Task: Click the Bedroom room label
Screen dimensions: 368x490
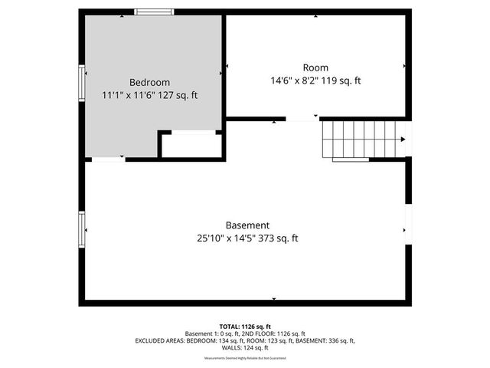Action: coord(149,82)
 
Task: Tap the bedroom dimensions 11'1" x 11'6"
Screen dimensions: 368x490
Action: coord(129,96)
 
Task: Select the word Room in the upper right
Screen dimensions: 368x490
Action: coord(315,67)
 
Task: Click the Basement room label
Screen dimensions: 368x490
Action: coord(247,225)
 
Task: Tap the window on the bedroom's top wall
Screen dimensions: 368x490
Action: coord(153,11)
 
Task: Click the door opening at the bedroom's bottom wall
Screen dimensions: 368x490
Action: coord(108,159)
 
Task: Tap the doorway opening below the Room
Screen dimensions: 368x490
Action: coord(302,119)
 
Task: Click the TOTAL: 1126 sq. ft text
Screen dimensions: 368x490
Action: coord(245,326)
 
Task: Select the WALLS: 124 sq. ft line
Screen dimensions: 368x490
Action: coord(245,347)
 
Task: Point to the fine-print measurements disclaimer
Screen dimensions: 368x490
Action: coord(245,358)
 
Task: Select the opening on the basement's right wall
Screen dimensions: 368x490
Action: coord(408,222)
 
